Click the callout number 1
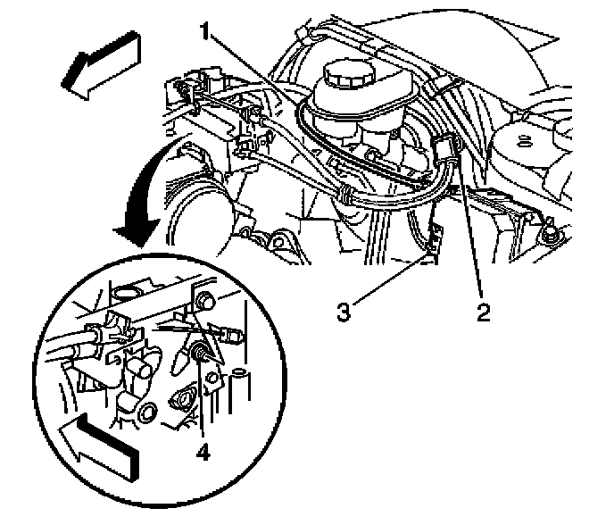click(204, 31)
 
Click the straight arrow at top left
click(101, 64)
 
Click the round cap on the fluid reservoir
click(349, 76)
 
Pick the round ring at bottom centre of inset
click(149, 412)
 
